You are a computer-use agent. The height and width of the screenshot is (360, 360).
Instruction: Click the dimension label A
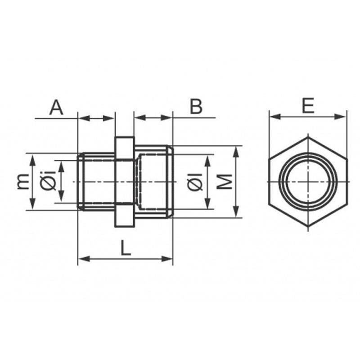(56, 108)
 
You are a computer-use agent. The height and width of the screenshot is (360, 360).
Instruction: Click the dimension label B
(196, 107)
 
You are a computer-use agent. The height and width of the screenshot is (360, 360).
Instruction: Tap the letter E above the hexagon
(308, 106)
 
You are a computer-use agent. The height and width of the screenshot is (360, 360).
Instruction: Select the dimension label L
(126, 248)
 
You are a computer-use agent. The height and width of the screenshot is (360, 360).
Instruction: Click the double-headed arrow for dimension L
(126, 259)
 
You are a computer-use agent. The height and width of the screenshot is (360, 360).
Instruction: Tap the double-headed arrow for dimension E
(308, 117)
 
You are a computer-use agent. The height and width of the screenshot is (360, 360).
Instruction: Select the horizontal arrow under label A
(96, 118)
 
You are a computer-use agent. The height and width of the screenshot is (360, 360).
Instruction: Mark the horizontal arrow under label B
(153, 118)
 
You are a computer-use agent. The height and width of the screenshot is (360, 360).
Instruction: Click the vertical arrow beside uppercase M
(236, 182)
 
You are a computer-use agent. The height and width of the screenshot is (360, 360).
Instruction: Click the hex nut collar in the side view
(124, 181)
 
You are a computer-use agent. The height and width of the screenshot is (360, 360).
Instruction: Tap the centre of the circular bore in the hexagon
(308, 181)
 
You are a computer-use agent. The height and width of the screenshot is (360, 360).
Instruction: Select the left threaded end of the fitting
(96, 181)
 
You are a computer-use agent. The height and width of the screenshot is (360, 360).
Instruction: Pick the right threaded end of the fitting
(153, 181)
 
